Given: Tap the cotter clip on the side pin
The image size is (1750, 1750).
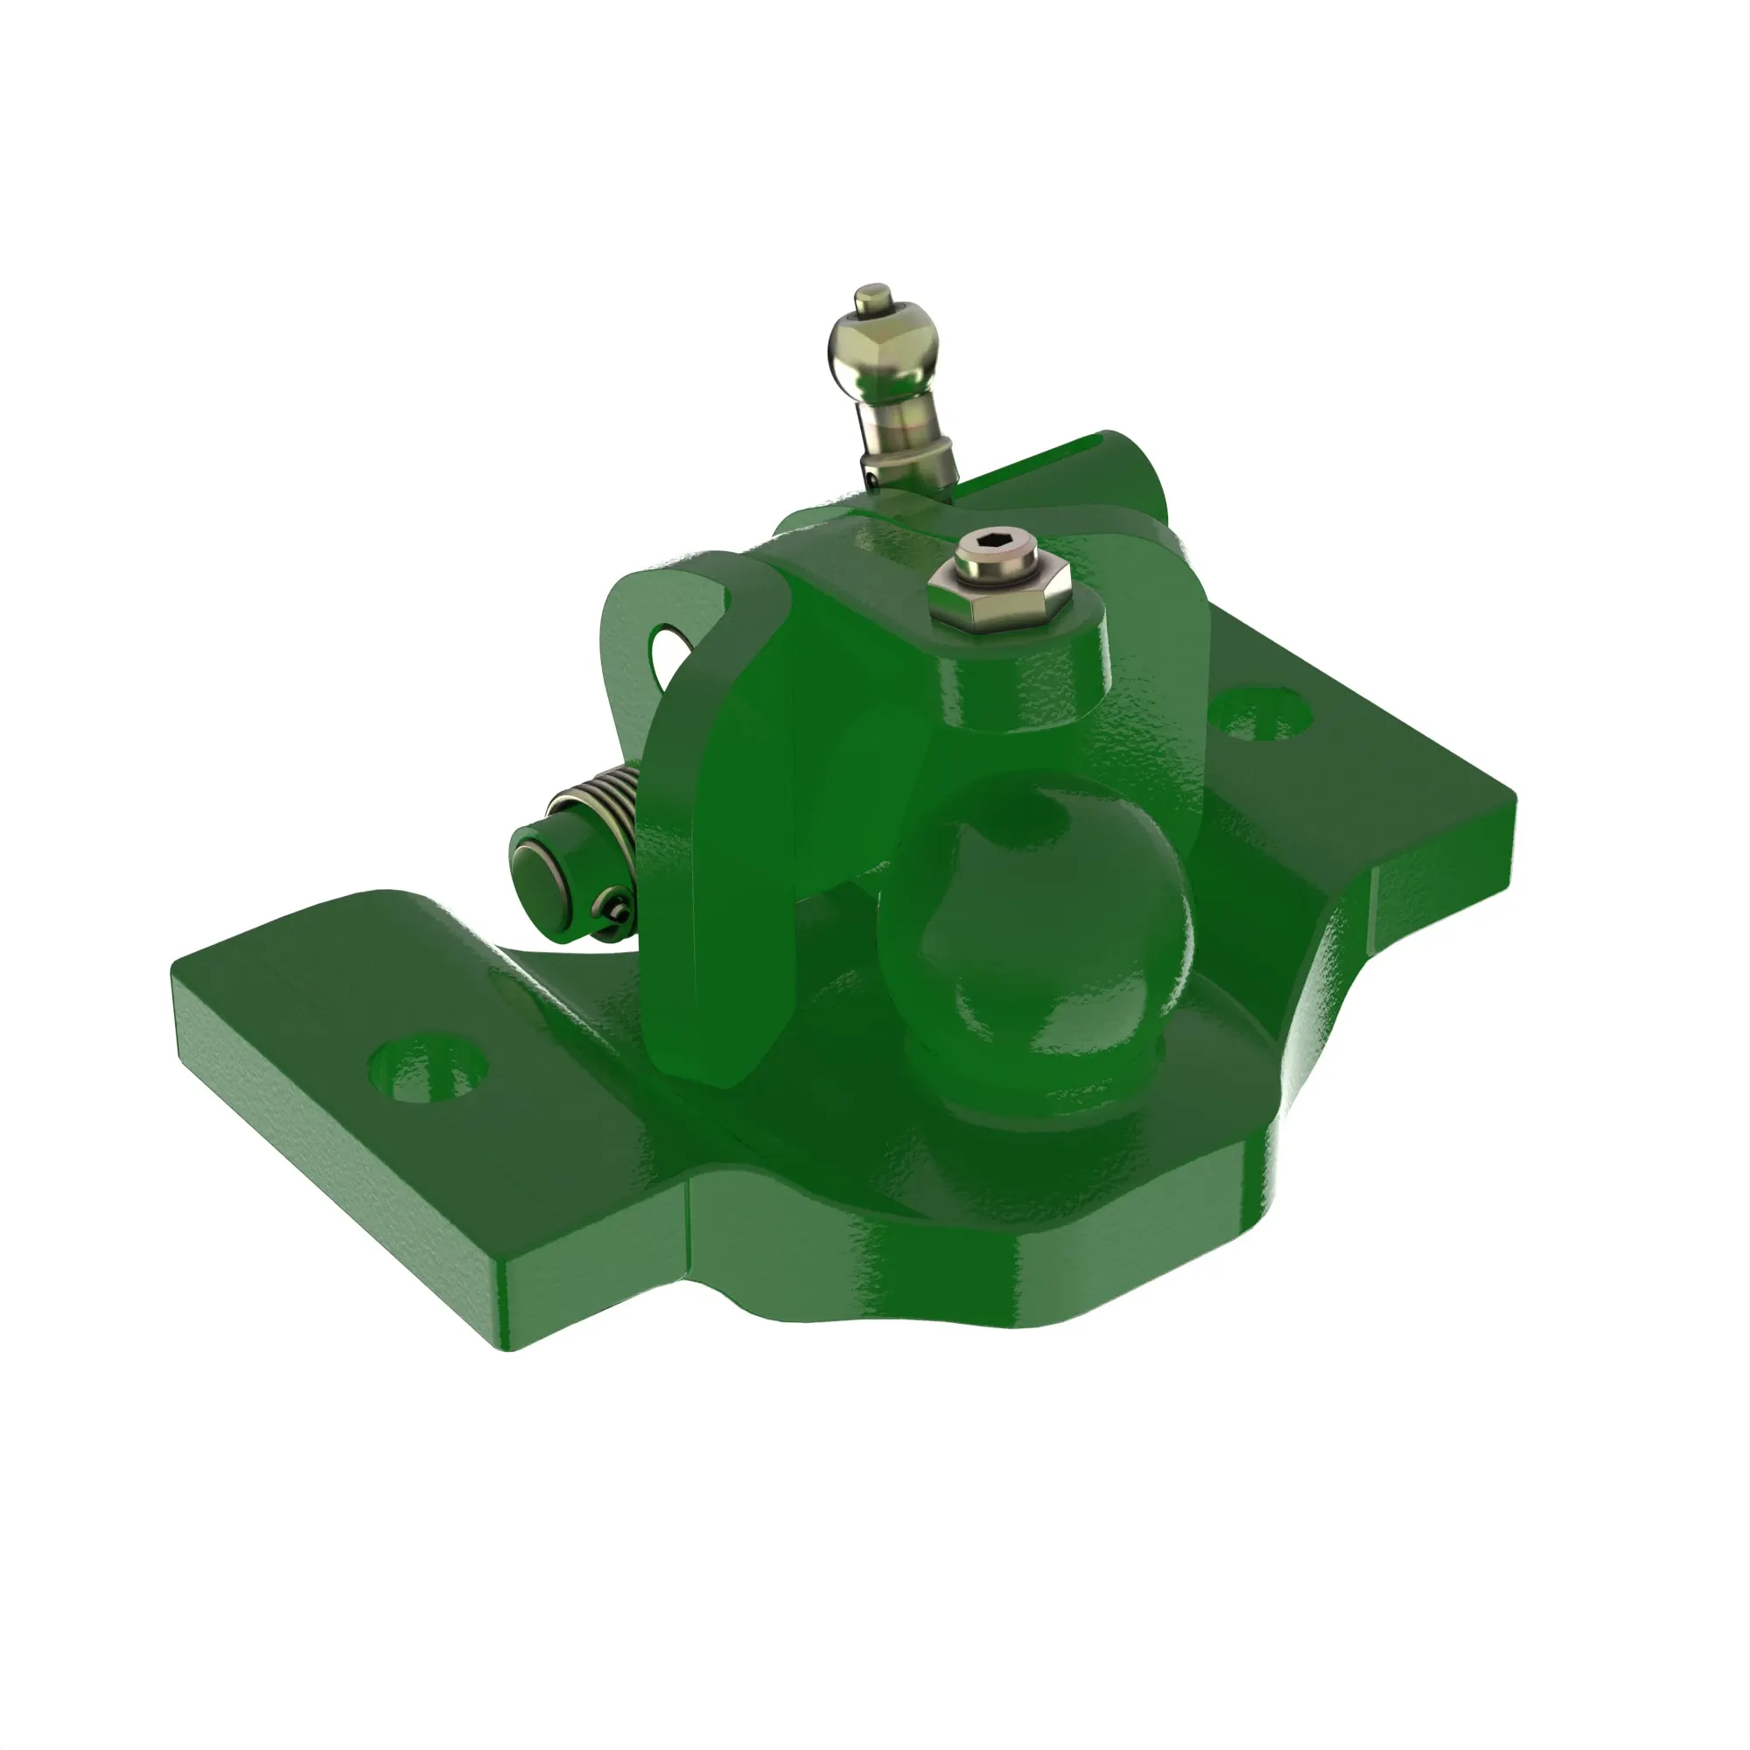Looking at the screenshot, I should [x=616, y=909].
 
